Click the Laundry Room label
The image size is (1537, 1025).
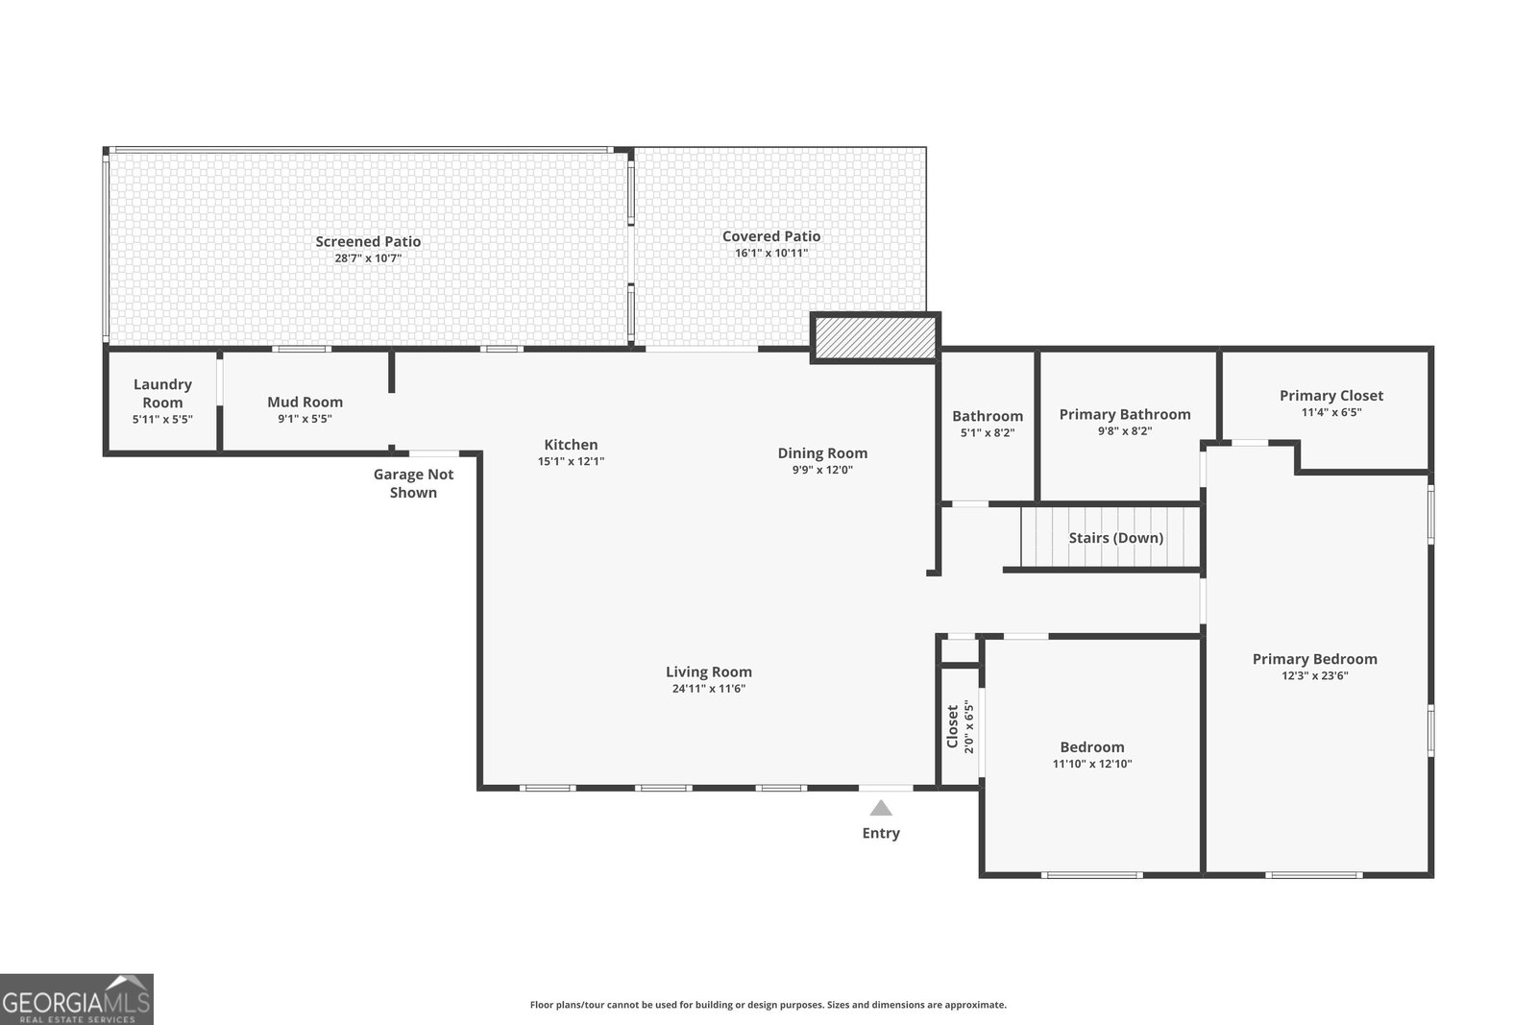coord(162,393)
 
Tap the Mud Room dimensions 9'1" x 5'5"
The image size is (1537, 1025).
coord(305,419)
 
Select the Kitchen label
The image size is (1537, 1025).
coord(571,445)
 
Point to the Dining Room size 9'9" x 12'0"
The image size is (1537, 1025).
coord(822,470)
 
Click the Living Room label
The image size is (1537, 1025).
coord(709,671)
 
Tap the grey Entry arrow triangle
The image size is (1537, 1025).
coord(881,808)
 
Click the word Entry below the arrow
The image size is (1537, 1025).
coord(881,833)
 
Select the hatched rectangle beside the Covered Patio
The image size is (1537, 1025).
coord(875,337)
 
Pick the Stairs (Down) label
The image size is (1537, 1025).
coord(1115,538)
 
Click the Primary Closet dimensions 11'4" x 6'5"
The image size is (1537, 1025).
coord(1331,412)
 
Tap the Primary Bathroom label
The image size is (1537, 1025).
coord(1125,414)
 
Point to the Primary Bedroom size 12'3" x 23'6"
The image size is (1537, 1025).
coord(1315,675)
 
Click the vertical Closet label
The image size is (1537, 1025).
coord(952,726)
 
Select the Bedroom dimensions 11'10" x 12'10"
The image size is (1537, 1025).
coord(1092,764)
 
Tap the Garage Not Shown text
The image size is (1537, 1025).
coord(413,483)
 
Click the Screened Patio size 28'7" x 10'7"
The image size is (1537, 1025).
coord(368,258)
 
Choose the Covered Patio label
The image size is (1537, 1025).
coord(771,236)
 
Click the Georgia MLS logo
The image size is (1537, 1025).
coord(76,999)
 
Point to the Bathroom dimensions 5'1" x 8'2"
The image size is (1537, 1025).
coord(988,433)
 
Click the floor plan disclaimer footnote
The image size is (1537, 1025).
coord(768,1005)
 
